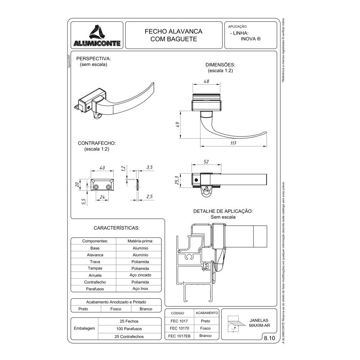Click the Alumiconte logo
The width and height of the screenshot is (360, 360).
(98, 35)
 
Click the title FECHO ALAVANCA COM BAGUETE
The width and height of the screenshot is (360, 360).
(174, 35)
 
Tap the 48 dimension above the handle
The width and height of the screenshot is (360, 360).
(206, 82)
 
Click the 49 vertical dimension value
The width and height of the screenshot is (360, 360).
(177, 125)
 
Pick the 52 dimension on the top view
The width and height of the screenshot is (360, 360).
(206, 162)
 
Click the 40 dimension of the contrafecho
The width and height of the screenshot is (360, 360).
(102, 168)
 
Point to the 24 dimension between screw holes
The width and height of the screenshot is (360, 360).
(102, 197)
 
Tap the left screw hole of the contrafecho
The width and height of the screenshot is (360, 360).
(96, 187)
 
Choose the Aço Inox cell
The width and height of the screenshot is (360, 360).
(140, 289)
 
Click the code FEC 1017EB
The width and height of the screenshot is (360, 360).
(179, 336)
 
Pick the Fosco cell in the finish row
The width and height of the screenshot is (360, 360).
(116, 309)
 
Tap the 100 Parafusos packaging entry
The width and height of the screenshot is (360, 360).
(129, 329)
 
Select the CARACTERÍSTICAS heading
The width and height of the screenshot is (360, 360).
(116, 228)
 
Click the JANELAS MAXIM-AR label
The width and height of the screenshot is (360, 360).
(258, 323)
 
